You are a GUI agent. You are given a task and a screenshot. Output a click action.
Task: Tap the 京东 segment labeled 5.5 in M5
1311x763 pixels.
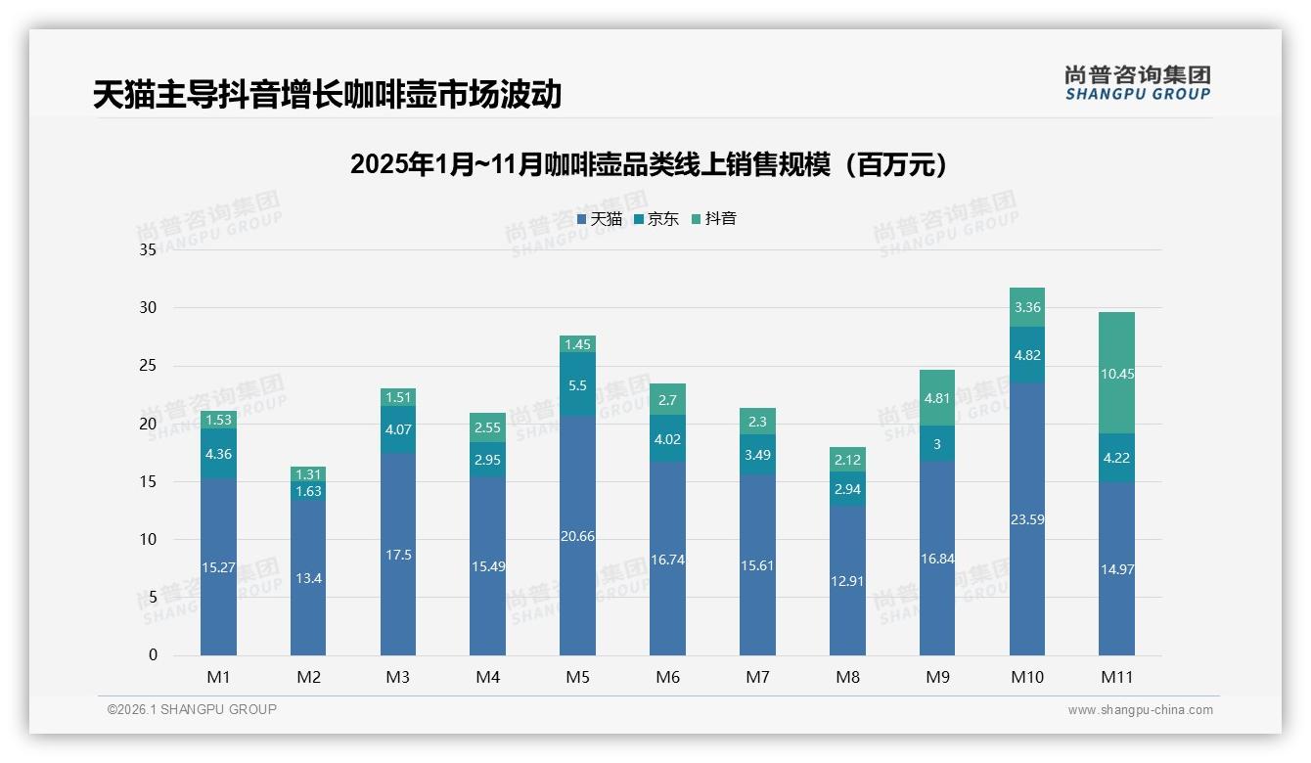[x=577, y=385]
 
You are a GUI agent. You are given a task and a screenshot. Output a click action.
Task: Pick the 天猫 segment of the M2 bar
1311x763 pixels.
[x=308, y=578]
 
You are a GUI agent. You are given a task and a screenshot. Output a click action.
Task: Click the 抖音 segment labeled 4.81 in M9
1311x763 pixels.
[x=936, y=398]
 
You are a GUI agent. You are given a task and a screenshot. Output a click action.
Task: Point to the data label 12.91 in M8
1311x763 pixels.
[x=847, y=580]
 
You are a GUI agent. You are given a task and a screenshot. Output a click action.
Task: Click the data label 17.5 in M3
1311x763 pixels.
[x=398, y=555]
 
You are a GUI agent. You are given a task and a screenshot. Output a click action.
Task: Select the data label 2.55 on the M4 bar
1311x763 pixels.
[x=487, y=427]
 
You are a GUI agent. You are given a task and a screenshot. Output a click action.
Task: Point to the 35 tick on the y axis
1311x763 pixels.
[x=148, y=250]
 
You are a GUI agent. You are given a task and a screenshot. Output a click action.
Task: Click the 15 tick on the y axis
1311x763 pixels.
[x=148, y=482]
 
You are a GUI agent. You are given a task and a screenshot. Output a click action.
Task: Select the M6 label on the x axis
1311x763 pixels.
[x=667, y=677]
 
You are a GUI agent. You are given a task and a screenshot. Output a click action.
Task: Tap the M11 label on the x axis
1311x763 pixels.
[x=1116, y=677]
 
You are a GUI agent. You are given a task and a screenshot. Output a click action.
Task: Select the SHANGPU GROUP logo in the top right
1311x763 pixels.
[x=1137, y=83]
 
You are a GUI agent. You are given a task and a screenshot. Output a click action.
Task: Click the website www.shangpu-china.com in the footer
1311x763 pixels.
[x=1140, y=710]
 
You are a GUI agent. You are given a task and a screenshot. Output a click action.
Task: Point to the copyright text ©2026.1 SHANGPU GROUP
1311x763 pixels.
[x=192, y=709]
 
